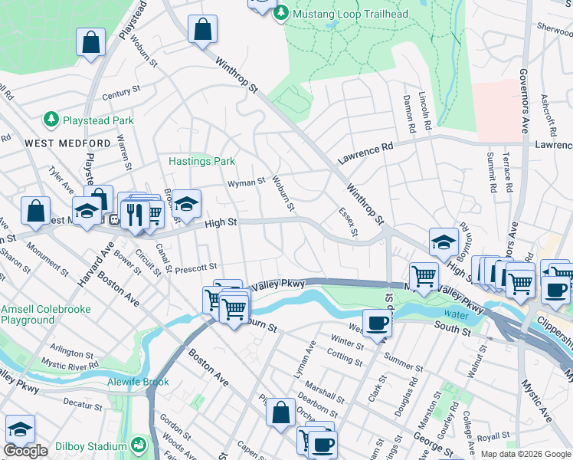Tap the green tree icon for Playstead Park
(51, 120)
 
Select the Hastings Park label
(201, 161)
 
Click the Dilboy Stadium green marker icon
(139, 445)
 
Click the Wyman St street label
(245, 183)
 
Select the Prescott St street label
(196, 268)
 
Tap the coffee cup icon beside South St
(376, 323)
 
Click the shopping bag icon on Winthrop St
(202, 31)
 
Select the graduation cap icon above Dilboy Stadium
(20, 429)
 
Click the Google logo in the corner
(25, 451)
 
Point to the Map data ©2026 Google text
(526, 454)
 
